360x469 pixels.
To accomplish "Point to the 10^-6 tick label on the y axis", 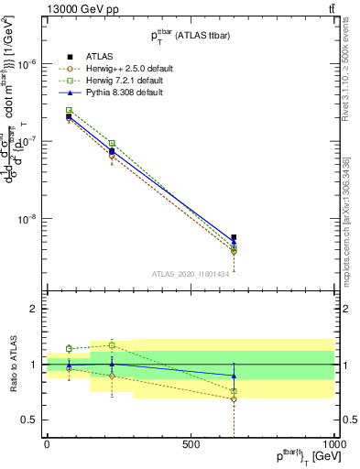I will [25, 63].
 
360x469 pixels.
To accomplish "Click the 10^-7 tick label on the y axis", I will [25, 141].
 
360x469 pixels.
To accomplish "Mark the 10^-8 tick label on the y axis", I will [25, 219].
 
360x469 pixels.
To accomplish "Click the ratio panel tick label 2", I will [32, 309].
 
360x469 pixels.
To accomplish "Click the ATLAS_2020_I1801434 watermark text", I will [191, 273].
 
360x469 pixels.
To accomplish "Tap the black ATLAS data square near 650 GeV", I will [234, 237].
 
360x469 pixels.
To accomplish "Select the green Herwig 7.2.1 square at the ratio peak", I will [112, 344].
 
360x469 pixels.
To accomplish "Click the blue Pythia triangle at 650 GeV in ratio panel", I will [234, 376].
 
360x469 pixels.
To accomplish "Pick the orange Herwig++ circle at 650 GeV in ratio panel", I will [234, 399].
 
